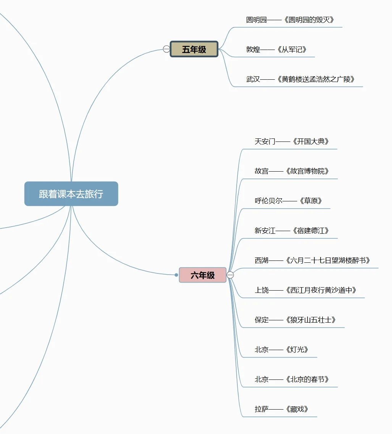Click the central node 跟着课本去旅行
point(71,194)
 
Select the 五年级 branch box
point(194,49)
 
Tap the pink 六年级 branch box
point(203,275)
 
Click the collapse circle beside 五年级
point(166,49)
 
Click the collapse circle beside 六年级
point(230,275)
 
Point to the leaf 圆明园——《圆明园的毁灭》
point(290,20)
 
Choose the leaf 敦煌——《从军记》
point(276,50)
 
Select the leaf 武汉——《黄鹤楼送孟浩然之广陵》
point(300,79)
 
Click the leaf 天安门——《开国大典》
point(292,141)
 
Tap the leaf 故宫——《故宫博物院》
point(292,171)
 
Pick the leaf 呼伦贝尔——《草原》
point(288,201)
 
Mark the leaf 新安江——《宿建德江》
point(292,231)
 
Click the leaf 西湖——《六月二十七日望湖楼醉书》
point(312,260)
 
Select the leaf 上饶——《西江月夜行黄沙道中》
point(305,290)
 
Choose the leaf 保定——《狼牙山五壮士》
point(295,320)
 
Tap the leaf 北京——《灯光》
point(281,350)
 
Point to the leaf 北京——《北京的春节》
point(292,379)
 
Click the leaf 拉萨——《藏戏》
point(281,409)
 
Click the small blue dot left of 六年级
point(176,275)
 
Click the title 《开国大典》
point(311,141)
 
